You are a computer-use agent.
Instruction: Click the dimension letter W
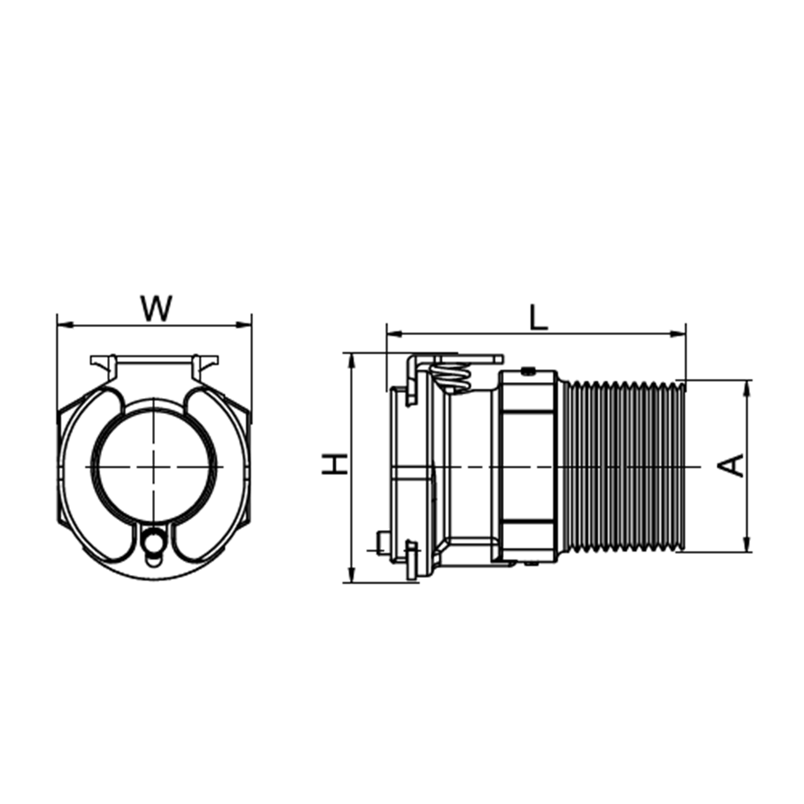[157, 308]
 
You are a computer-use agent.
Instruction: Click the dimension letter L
[539, 318]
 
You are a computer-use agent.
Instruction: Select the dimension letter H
[334, 464]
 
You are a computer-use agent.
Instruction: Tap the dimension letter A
[731, 466]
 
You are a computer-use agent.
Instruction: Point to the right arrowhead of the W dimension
[244, 325]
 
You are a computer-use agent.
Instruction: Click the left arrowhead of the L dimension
[394, 334]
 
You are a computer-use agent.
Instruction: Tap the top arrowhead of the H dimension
[351, 360]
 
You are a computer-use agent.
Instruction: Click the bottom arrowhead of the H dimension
[351, 576]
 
